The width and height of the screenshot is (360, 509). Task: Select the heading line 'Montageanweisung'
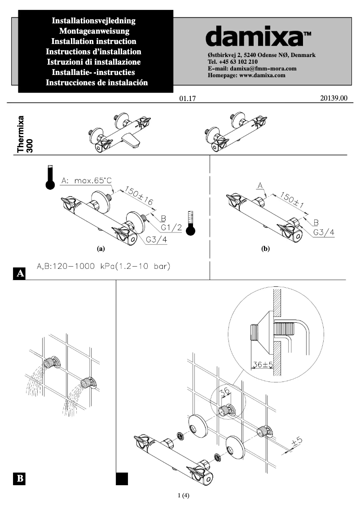[94, 31]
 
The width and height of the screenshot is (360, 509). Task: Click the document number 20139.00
[334, 98]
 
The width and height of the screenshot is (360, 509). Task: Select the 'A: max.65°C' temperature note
[86, 181]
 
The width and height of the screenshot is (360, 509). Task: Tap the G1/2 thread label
[171, 228]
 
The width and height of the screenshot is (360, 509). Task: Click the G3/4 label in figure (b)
[324, 233]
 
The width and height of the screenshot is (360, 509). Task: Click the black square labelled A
[20, 273]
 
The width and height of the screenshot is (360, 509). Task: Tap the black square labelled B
[20, 478]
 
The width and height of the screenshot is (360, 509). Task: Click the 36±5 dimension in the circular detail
[263, 364]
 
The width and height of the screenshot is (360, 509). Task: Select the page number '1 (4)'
[184, 496]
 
